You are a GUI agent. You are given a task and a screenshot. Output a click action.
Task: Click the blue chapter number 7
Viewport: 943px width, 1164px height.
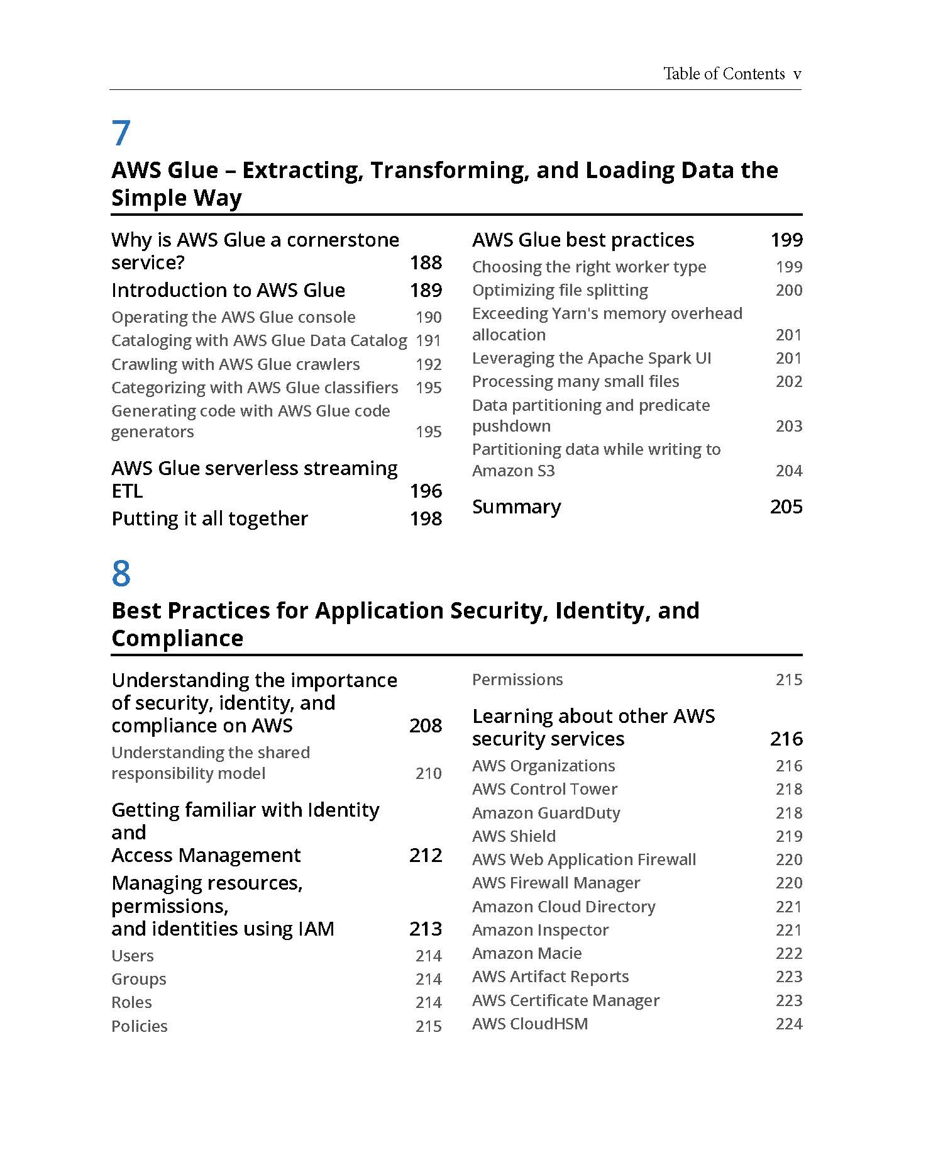121,133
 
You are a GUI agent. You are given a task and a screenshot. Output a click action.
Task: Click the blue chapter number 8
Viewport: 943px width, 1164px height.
121,574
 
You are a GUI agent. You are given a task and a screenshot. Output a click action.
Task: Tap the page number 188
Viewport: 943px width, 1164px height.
426,262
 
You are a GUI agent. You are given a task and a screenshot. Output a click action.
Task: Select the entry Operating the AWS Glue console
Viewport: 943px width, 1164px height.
233,317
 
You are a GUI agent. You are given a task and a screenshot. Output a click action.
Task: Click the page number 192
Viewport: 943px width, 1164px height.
428,364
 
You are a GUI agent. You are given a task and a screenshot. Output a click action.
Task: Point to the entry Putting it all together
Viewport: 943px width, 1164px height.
209,518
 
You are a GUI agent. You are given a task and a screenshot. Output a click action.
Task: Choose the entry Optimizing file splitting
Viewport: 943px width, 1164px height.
560,290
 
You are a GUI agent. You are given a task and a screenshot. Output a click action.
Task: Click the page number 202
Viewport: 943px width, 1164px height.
788,381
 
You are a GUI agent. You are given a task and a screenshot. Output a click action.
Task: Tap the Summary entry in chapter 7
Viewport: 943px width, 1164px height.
516,506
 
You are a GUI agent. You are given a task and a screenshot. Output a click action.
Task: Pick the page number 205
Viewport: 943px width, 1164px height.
786,506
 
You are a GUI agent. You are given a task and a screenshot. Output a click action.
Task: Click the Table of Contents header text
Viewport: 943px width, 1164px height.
724,74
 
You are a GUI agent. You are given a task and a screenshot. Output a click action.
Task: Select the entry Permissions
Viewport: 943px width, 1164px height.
517,680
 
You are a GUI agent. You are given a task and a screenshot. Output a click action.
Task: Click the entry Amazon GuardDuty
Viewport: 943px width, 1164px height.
546,813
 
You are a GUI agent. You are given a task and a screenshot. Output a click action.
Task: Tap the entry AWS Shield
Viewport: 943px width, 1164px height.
514,836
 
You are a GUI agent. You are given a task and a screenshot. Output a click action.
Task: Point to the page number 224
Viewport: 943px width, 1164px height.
788,1024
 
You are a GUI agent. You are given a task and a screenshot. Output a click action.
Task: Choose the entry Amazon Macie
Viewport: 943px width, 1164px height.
526,953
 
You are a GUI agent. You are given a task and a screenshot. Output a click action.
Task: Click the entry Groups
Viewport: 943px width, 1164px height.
138,979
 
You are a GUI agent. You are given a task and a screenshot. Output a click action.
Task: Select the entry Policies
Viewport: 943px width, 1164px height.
139,1026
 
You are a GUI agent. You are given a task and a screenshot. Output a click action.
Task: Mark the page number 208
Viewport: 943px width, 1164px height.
426,725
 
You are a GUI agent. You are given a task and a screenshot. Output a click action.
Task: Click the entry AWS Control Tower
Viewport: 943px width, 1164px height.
544,789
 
